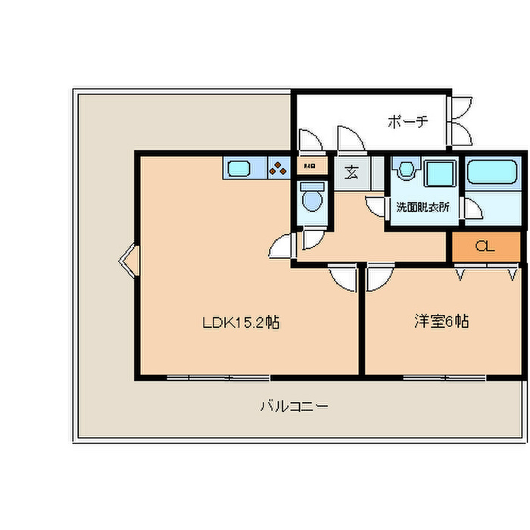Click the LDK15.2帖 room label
[x=242, y=323]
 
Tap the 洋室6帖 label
[x=441, y=322]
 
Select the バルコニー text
[x=294, y=406]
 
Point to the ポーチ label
[x=408, y=120]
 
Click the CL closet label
[x=485, y=247]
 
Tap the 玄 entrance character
[x=351, y=172]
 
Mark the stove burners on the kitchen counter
[x=278, y=168]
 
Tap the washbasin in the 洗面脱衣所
[x=406, y=170]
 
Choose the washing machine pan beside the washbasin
[x=438, y=173]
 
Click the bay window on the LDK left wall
[x=127, y=261]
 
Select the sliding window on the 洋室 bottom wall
[x=444, y=376]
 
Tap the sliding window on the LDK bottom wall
[x=218, y=376]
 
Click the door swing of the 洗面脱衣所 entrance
[x=376, y=207]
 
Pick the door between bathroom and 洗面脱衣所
[x=470, y=208]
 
